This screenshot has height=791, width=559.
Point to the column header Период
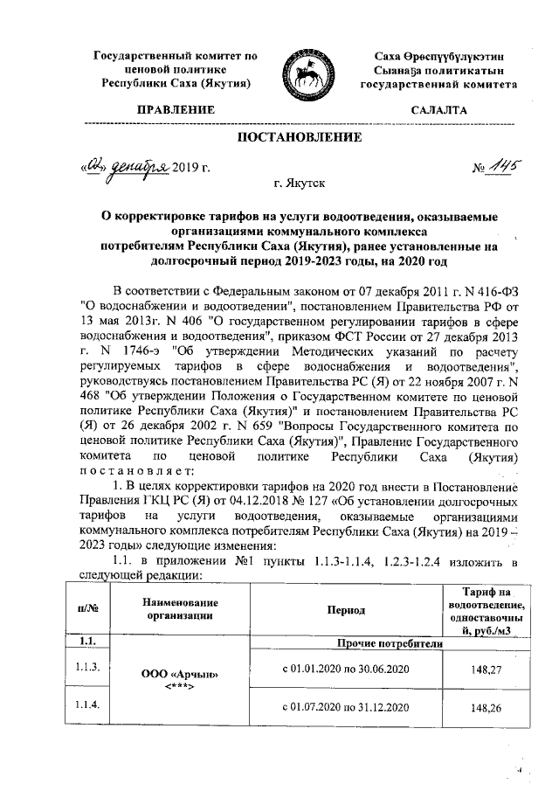coord(347,608)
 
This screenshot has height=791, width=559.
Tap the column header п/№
coord(86,608)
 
